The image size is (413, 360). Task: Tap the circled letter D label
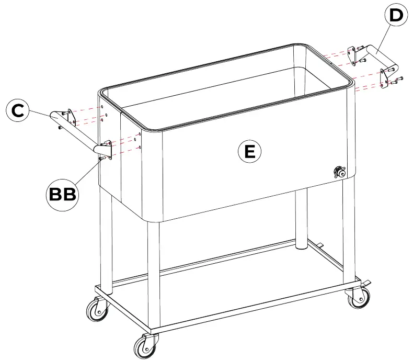pos(396,16)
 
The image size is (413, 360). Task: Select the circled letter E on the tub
pos(250,151)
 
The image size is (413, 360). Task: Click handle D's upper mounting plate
pos(355,53)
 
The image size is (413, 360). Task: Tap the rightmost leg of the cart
pos(349,230)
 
